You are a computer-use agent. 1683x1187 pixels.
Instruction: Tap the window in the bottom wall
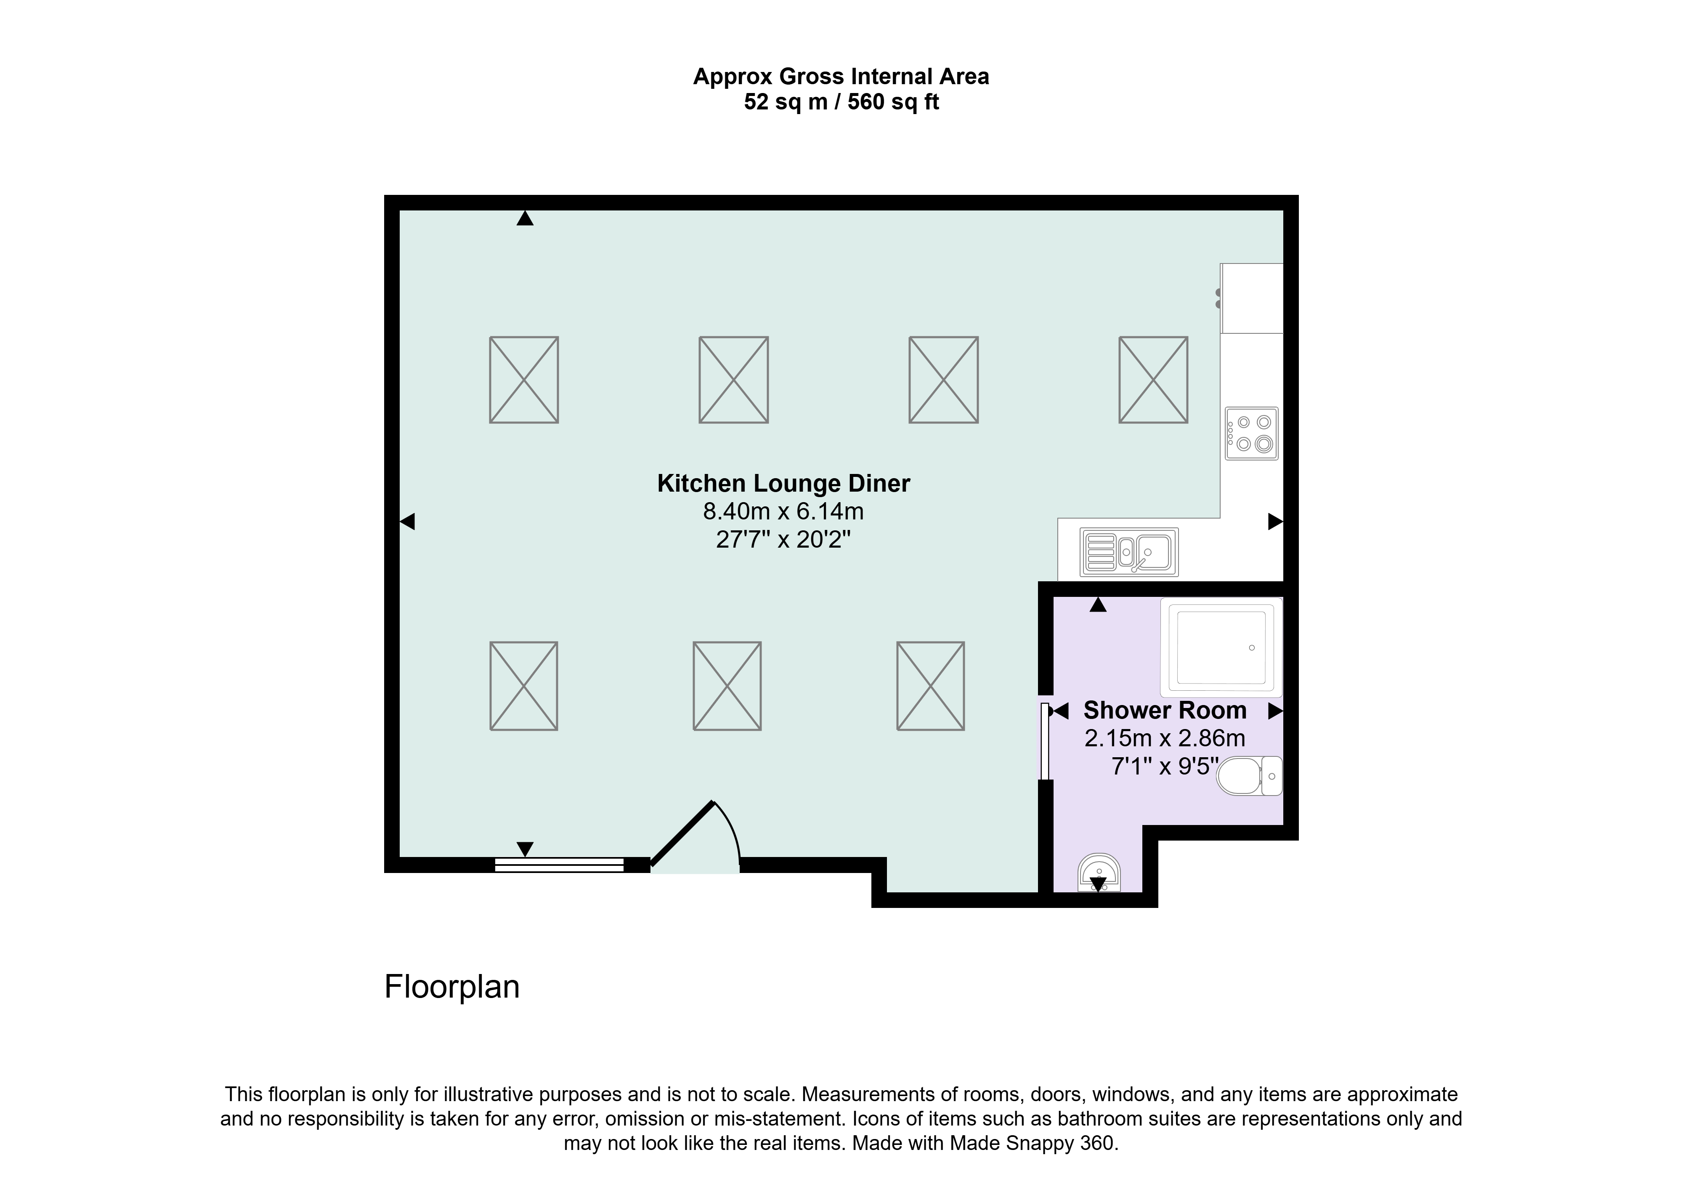559,865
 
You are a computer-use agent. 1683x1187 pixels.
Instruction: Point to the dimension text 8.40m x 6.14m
783,511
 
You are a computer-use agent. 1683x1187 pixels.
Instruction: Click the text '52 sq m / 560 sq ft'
841,102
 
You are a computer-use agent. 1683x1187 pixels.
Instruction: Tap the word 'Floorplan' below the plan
452,987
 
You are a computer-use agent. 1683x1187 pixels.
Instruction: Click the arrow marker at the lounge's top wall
525,218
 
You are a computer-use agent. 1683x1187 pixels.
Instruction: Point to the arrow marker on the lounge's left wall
408,521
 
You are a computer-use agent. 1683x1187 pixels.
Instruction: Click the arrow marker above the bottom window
525,849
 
